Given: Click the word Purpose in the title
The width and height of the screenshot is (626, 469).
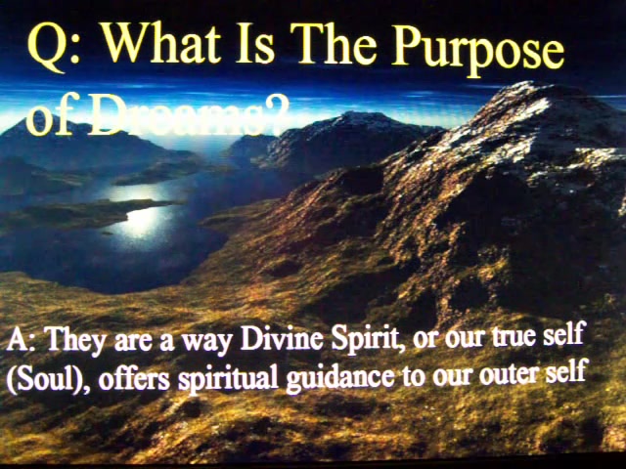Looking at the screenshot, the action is [478, 50].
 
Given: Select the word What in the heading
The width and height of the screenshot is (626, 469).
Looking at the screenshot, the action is [160, 43].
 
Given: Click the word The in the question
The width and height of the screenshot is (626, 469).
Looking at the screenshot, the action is [333, 44].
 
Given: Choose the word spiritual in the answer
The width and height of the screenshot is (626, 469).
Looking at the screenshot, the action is [228, 378].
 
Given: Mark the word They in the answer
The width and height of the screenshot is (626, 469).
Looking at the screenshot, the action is [76, 341].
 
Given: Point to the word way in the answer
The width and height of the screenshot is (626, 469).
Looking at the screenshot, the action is [207, 343].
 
